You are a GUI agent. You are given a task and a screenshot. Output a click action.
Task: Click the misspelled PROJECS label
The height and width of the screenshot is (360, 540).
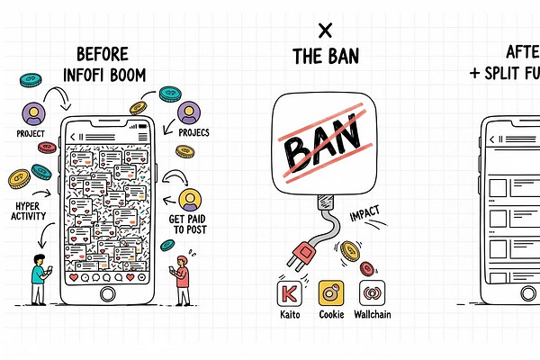click(x=189, y=133)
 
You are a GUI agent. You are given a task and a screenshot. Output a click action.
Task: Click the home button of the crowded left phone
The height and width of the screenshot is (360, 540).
click(x=108, y=294)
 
